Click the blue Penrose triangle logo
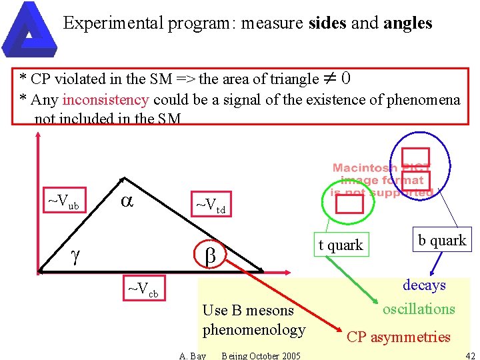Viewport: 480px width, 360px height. coord(27,28)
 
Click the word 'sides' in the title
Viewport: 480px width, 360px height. coord(327,24)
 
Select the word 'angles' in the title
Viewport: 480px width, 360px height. coord(408,24)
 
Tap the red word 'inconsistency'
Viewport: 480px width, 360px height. coord(105,100)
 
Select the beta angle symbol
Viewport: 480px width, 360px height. coord(209,255)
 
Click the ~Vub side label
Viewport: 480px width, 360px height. coord(63,201)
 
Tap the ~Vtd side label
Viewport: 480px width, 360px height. coord(209,206)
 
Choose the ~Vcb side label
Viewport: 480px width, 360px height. coord(143,291)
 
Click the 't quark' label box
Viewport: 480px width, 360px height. coord(340,245)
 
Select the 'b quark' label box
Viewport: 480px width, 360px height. coord(442,240)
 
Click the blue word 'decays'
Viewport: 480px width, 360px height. coord(424,285)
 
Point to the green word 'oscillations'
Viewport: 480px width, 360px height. coord(419,309)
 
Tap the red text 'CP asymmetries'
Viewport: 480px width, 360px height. coord(399,337)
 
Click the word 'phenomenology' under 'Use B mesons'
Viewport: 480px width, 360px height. coord(254,330)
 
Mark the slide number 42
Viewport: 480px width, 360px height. coord(470,355)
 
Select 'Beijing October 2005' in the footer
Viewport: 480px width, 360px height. coord(261,355)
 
